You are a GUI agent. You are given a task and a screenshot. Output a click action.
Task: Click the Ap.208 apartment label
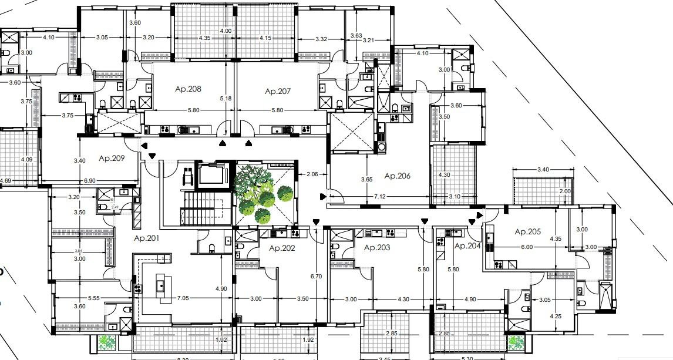click(188, 89)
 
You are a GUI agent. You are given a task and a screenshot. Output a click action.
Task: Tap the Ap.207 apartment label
click(278, 91)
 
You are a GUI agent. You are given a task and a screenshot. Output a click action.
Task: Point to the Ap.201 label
click(147, 238)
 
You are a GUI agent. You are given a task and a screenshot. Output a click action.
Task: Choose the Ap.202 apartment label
click(282, 248)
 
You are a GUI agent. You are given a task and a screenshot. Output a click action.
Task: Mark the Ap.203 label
click(377, 248)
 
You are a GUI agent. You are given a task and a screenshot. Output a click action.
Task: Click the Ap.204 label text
click(467, 246)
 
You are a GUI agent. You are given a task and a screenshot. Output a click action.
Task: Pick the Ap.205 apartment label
click(527, 231)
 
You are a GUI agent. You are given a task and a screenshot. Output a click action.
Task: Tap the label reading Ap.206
click(397, 176)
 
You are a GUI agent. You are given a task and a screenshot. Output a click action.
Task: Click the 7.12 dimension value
click(380, 197)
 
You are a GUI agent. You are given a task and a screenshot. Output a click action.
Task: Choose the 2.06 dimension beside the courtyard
click(312, 174)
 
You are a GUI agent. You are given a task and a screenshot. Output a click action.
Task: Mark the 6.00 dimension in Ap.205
click(527, 247)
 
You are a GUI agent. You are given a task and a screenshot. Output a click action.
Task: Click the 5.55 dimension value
click(94, 298)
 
